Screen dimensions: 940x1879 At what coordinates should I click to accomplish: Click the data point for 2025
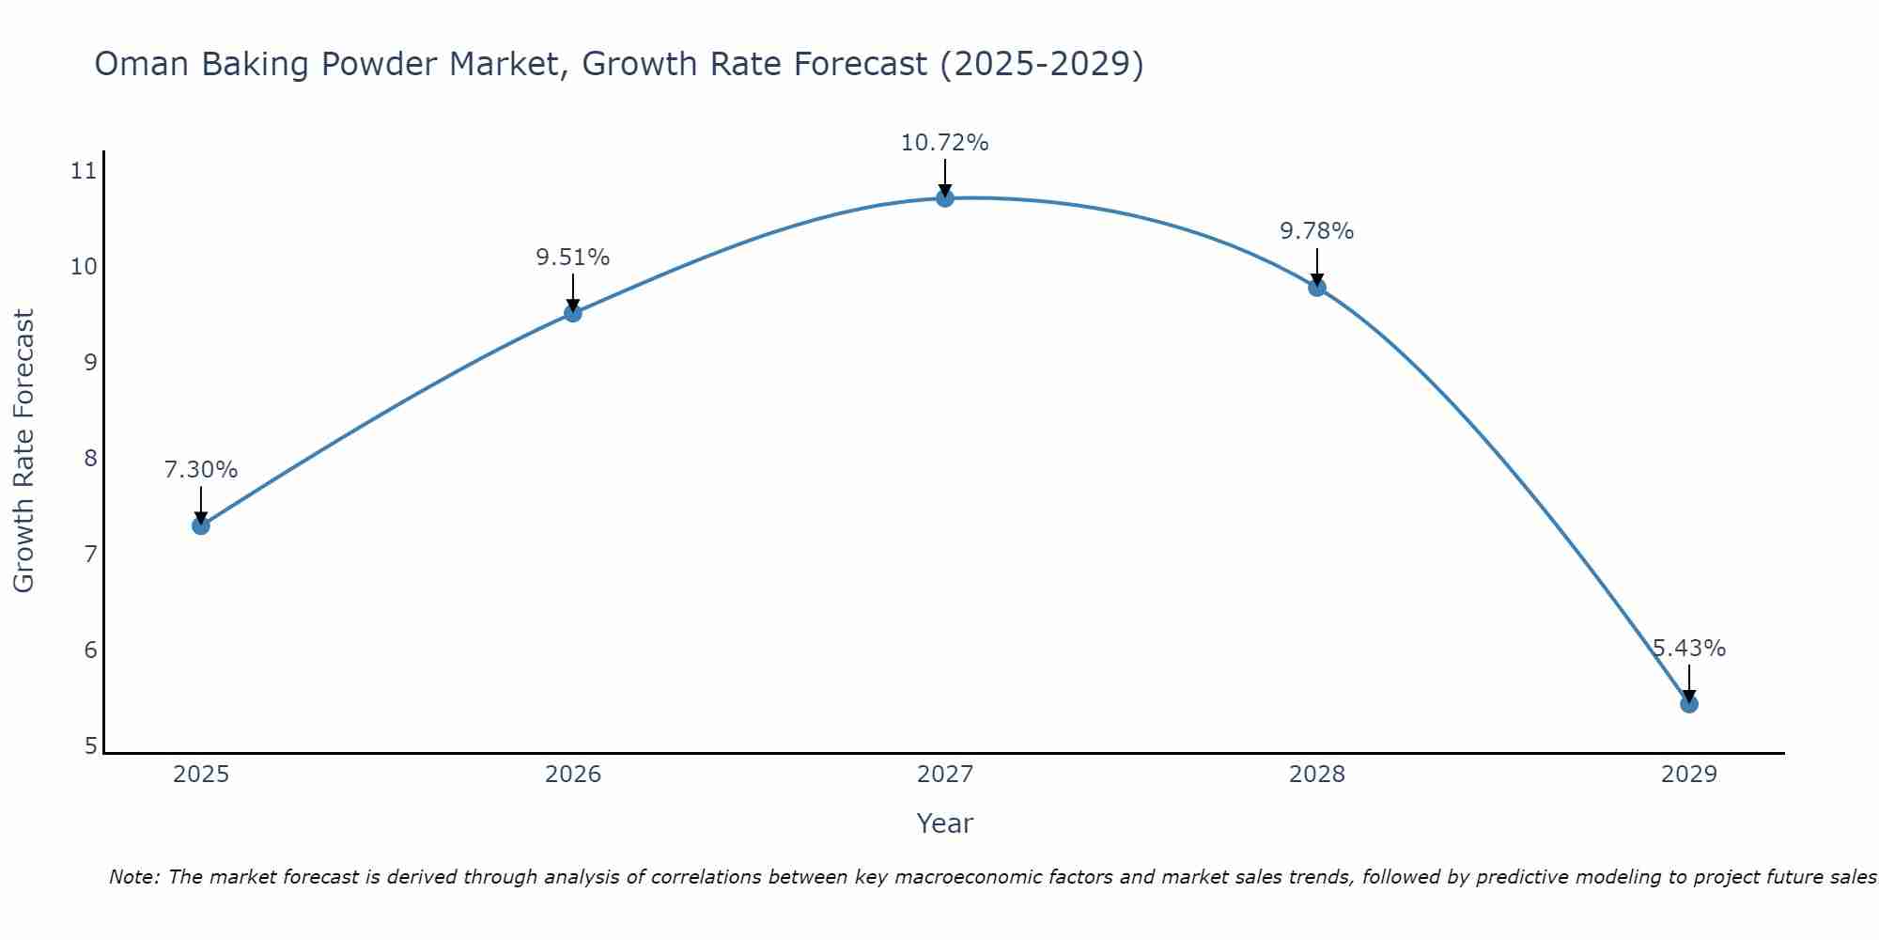pos(200,525)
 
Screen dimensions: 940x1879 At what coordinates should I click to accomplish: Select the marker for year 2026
pos(573,313)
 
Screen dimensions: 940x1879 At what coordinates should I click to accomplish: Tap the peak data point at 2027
pos(945,198)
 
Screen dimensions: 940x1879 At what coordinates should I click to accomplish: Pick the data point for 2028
pos(1317,288)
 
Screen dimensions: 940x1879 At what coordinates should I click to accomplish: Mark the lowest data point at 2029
pos(1689,704)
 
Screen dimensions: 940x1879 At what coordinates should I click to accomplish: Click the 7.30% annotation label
pos(200,470)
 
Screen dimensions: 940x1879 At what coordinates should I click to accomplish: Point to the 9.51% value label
pos(573,258)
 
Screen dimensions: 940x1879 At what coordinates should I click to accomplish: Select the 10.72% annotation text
pos(945,143)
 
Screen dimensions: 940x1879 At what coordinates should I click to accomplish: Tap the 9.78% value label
pos(1317,231)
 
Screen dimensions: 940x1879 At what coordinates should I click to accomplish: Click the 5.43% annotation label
pos(1689,649)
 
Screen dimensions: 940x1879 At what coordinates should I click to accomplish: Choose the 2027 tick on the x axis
pos(945,775)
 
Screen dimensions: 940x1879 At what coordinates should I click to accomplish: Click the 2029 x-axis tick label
pos(1689,775)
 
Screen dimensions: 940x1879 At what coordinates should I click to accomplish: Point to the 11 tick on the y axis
pos(84,171)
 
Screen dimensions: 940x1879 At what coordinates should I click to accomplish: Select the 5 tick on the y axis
pos(90,746)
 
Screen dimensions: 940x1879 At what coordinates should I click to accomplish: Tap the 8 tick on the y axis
pos(90,459)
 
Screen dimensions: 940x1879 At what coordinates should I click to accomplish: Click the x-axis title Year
pos(945,823)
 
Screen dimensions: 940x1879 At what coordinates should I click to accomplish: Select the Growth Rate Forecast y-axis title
pos(24,451)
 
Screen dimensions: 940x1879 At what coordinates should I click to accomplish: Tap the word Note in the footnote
pos(134,877)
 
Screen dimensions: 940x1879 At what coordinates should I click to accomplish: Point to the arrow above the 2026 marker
pos(573,290)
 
